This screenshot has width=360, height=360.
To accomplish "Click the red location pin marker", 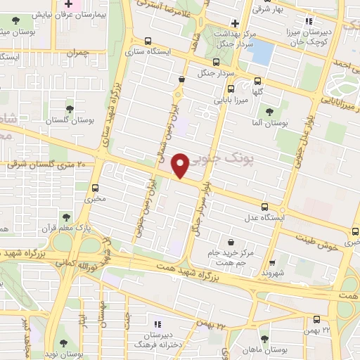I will click(x=181, y=165).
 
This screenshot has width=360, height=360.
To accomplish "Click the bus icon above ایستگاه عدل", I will click(x=265, y=207).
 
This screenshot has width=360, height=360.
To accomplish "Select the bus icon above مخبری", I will click(x=96, y=187).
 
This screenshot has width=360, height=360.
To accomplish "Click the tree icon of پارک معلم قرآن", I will click(x=65, y=217).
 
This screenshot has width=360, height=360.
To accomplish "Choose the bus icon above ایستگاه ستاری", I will click(x=147, y=41).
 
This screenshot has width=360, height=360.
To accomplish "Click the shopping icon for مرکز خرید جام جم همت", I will click(x=230, y=242).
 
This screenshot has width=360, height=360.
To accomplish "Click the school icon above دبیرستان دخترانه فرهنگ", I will click(x=157, y=324).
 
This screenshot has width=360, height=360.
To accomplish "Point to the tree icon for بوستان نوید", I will click(x=64, y=344).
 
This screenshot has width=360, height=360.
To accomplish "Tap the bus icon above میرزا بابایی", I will click(x=230, y=88).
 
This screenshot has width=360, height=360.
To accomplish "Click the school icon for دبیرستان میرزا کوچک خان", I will click(x=307, y=22).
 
